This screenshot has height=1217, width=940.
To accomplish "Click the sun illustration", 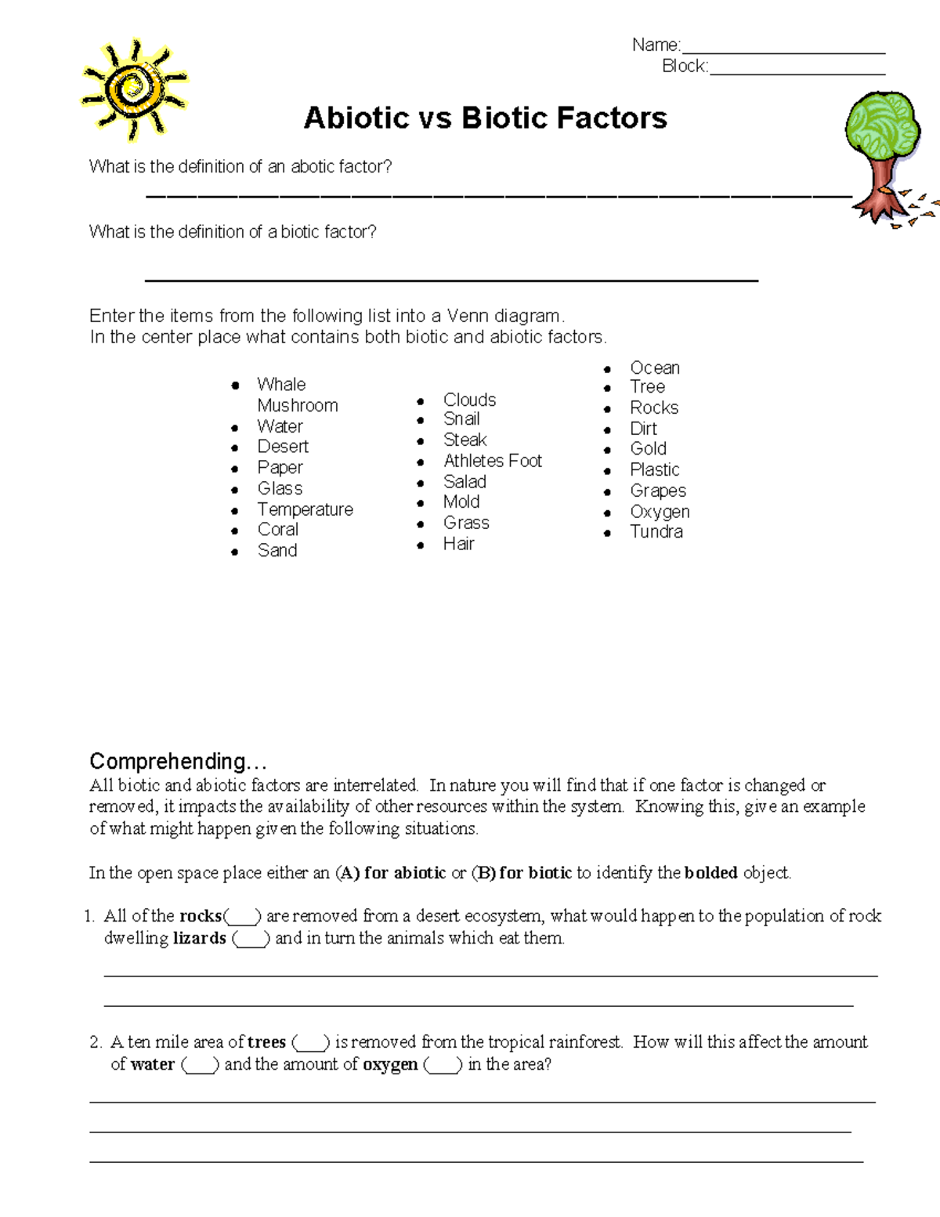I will pos(135,89).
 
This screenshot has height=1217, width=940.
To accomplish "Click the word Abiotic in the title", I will pos(356,118).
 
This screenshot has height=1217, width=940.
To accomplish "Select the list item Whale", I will pos(281,385).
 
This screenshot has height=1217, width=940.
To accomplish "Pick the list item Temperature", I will pos(305,509).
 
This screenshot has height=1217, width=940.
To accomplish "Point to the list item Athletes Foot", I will pos(492,461).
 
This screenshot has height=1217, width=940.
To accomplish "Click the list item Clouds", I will pos(469,400).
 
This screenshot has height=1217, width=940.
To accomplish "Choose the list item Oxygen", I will pos(660,512).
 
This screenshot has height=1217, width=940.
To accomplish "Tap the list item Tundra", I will pos(656,532).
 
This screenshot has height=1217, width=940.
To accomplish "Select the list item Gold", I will pos(648,449).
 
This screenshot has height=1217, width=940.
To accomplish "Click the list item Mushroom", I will pos(298,406).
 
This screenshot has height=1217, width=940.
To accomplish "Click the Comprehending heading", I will pos(178,762).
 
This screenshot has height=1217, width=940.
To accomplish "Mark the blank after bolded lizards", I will pos(251,940).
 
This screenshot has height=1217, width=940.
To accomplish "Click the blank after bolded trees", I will pos(311,1044).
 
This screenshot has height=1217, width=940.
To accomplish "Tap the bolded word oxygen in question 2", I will pos(390,1065).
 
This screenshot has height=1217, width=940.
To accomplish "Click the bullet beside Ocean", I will pos(607,368).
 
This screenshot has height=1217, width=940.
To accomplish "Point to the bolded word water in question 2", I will pos(153,1065).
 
